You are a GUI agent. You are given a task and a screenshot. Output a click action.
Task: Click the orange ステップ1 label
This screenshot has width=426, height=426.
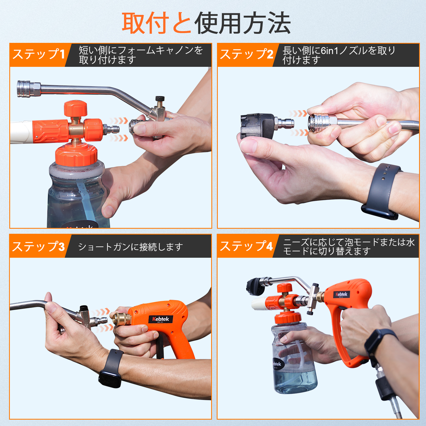tap(39, 54)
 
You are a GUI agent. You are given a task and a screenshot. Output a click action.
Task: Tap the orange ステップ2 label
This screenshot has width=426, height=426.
tap(246, 54)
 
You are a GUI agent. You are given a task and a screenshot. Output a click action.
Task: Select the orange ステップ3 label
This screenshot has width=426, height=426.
tap(39, 246)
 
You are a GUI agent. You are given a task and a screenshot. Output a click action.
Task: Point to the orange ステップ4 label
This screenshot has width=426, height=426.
tap(246, 246)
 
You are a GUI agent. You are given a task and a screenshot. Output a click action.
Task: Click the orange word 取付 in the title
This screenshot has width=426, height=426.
tap(145, 23)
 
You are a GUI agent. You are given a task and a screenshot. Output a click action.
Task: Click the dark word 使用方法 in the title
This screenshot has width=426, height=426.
tap(242, 23)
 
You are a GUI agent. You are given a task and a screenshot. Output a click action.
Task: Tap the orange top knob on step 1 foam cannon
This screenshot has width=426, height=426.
tap(76, 108)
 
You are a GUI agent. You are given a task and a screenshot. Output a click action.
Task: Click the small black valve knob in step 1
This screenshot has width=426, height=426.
tap(160, 99)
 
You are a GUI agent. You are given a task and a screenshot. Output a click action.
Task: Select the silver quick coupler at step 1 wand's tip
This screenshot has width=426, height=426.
tap(28, 89)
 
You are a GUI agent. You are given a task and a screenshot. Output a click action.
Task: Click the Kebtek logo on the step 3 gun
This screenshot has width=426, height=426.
tap(161, 319)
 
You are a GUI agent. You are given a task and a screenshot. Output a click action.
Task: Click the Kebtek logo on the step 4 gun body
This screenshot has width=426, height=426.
tap(341, 294)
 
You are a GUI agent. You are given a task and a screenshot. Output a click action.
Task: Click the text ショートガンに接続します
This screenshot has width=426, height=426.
tap(130, 247)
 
